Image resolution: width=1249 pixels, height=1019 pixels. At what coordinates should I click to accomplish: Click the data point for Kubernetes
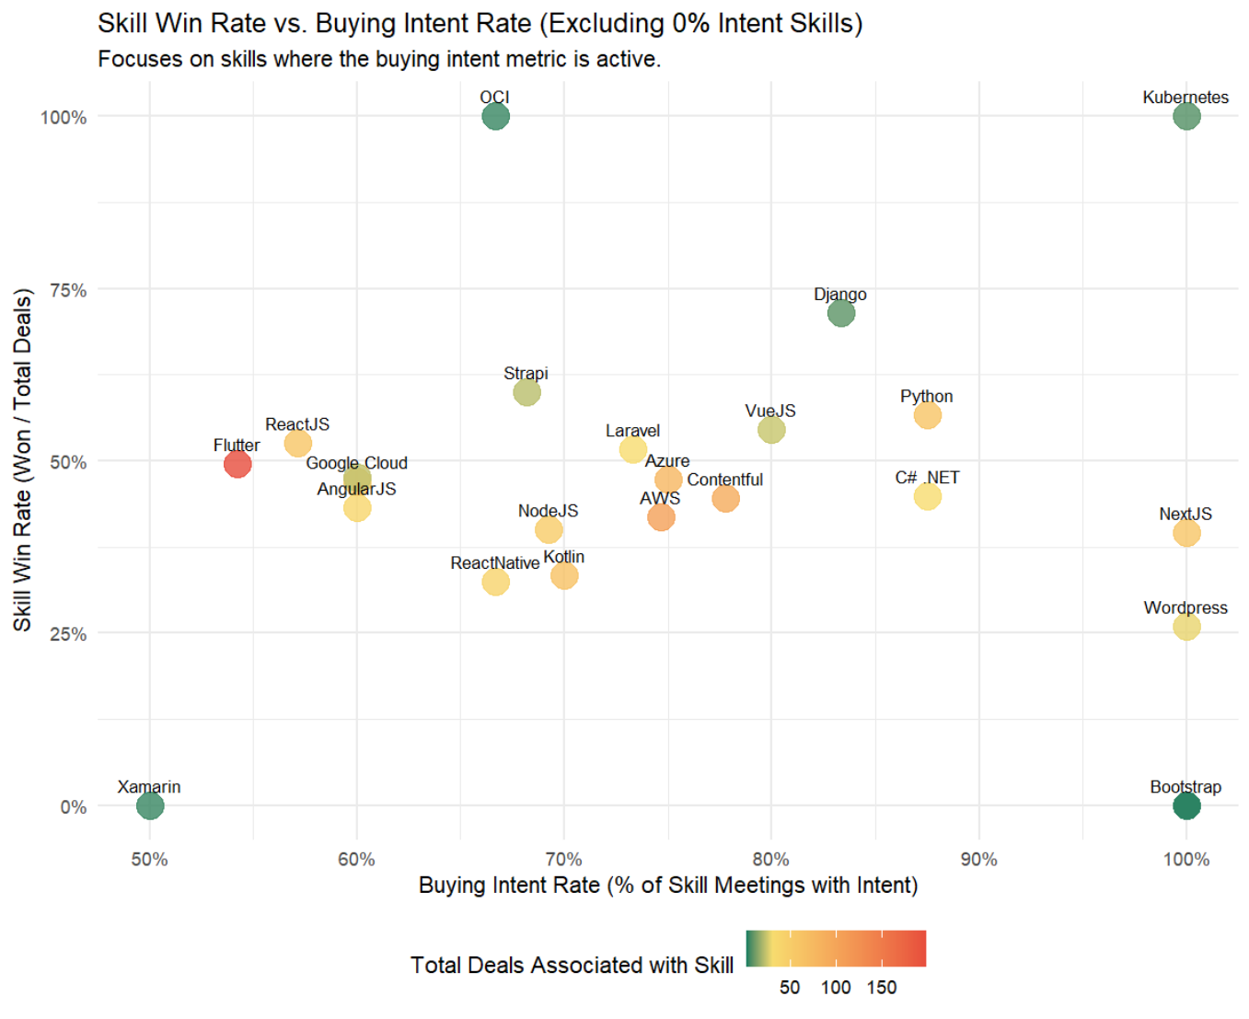(1185, 117)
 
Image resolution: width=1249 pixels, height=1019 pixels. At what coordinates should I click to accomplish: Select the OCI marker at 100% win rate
(495, 117)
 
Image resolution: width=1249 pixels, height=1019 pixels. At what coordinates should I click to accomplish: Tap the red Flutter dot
(237, 464)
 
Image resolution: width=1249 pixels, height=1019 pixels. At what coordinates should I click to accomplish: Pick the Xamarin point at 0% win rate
(150, 806)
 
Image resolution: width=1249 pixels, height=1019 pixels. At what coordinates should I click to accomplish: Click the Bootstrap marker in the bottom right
(1186, 806)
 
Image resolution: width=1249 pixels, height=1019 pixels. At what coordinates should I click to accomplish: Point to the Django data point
(840, 314)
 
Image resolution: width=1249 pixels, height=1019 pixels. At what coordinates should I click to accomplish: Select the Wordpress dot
(1186, 627)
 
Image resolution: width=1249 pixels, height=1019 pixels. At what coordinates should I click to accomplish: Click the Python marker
(927, 416)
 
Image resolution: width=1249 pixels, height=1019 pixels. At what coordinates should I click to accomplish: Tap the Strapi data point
(526, 393)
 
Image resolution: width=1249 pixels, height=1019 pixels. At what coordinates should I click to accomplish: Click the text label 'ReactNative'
(494, 563)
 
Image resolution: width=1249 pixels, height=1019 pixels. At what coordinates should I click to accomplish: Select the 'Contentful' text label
(724, 480)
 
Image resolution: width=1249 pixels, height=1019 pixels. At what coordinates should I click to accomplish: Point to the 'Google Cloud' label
(356, 463)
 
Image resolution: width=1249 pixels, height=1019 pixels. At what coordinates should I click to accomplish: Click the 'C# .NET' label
(927, 478)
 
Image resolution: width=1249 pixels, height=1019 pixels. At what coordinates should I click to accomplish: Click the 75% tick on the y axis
(68, 291)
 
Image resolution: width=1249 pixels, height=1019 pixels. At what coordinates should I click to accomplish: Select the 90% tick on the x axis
(978, 860)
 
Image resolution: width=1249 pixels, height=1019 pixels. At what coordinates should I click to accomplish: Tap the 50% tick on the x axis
(149, 860)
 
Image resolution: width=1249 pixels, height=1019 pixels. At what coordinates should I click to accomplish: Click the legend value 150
(881, 988)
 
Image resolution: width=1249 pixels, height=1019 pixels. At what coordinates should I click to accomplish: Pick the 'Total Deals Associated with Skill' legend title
(572, 965)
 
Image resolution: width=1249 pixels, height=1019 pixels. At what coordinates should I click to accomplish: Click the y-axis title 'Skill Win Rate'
(23, 460)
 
